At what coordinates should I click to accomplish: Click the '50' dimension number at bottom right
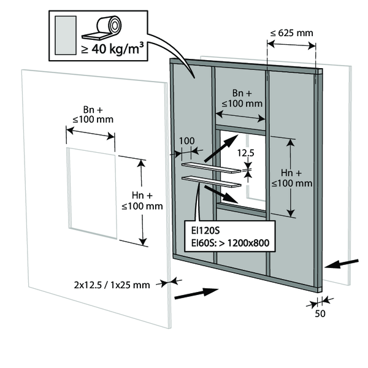(x=319, y=313)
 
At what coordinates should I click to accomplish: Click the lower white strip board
(x=210, y=181)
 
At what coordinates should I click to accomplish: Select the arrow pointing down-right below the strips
(x=221, y=196)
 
